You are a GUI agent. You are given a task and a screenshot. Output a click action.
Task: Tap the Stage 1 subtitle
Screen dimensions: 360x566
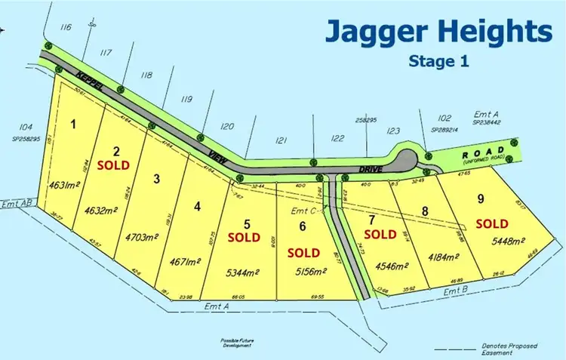click(438, 61)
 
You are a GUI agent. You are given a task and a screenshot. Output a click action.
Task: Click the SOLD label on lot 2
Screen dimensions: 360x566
click(117, 164)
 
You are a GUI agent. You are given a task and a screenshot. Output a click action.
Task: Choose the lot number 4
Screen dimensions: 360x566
click(197, 205)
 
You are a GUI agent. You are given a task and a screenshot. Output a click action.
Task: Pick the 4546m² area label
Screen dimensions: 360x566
click(390, 266)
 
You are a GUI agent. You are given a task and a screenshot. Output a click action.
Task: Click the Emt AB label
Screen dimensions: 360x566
click(17, 202)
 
